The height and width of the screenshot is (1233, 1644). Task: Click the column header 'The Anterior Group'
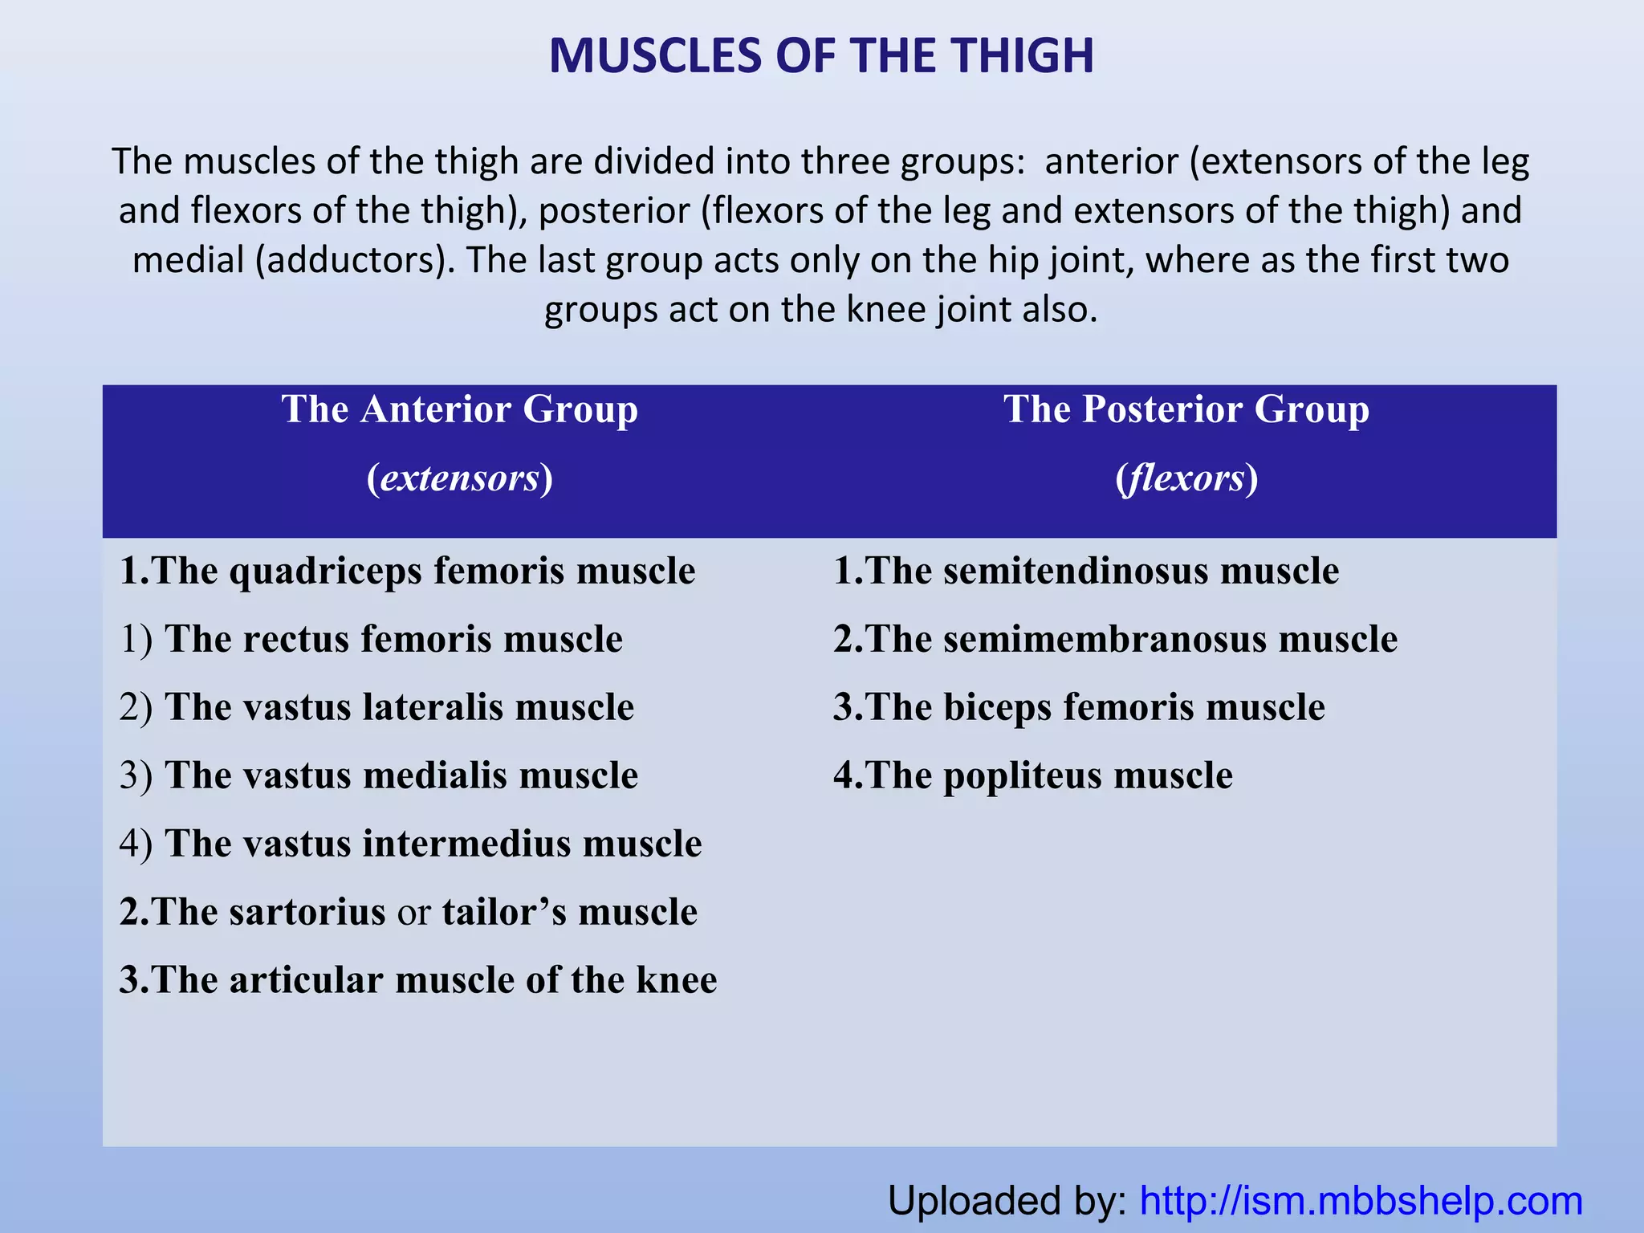coord(459,409)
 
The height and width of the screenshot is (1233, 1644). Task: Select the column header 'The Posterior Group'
coord(1186,409)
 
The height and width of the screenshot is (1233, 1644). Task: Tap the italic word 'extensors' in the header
coord(459,478)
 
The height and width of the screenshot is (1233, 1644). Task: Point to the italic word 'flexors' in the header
coord(1186,478)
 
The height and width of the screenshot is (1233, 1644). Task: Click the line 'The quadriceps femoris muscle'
coord(407,572)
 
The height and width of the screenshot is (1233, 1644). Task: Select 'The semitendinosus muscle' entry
coord(1086,572)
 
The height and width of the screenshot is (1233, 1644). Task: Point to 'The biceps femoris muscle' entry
coord(1079,708)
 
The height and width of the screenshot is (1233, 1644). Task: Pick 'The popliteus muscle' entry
coord(1032,776)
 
